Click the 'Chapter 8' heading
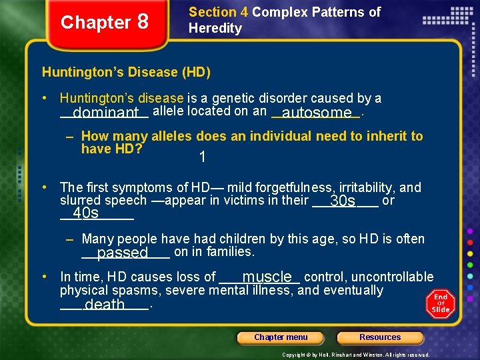point(105,22)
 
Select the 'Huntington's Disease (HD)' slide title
point(126,72)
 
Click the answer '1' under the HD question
point(201,158)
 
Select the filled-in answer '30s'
point(343,201)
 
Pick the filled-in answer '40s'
point(86,213)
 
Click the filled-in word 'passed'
point(122,253)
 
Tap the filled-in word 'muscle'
point(267,277)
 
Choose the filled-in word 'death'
point(105,305)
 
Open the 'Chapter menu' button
point(281,337)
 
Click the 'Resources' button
point(380,337)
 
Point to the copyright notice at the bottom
point(356,355)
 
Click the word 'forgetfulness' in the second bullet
point(295,188)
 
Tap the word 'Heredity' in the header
point(215,28)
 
